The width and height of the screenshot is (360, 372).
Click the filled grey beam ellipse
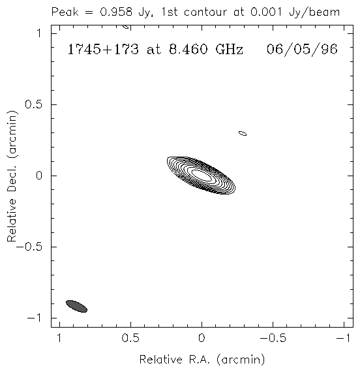click(x=76, y=306)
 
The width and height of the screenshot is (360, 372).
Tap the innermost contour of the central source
click(x=201, y=175)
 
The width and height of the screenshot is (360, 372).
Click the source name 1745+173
click(x=103, y=50)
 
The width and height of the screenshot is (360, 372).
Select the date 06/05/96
click(x=302, y=50)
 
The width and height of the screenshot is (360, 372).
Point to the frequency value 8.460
click(x=188, y=50)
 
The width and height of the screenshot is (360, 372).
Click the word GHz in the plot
click(x=229, y=50)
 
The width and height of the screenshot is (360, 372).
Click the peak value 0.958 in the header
click(x=116, y=12)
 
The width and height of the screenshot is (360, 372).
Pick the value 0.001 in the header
click(x=267, y=12)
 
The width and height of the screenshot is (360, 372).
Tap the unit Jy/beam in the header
click(x=314, y=12)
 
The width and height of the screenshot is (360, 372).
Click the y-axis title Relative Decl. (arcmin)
click(x=12, y=176)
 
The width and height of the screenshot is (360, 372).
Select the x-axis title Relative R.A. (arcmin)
click(x=202, y=360)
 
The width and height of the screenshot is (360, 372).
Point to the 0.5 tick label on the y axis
click(x=34, y=104)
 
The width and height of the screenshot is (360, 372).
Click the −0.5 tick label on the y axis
click(x=29, y=247)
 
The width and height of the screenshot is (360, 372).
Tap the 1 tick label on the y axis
click(x=39, y=33)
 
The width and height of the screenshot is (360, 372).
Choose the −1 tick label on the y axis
click(x=35, y=318)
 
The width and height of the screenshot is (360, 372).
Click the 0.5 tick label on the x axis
click(x=130, y=338)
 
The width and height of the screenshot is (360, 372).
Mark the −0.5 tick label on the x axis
click(x=273, y=338)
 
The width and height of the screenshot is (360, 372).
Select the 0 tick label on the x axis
click(x=202, y=338)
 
